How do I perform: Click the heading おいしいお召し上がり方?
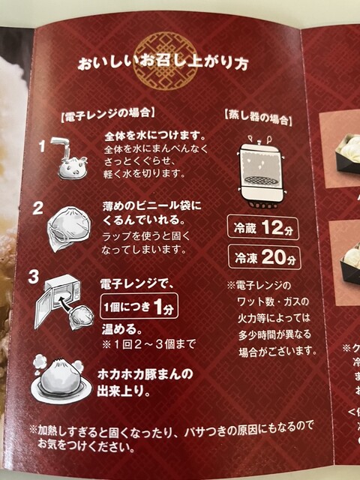[x=163, y=64]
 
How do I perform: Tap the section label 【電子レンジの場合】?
[x=108, y=115]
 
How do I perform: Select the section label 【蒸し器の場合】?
[x=258, y=118]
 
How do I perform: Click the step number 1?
[x=43, y=146]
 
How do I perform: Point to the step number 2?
[x=38, y=208]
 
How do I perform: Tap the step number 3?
[x=34, y=277]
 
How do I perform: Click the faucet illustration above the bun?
[x=61, y=146]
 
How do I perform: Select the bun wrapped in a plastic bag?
[x=69, y=228]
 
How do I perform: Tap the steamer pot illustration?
[x=262, y=172]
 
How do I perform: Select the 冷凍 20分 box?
[x=265, y=257]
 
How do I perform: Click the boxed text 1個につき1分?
[x=139, y=307]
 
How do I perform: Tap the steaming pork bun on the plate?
[x=61, y=379]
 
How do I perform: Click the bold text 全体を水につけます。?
[x=155, y=136]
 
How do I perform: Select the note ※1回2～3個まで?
[x=148, y=344]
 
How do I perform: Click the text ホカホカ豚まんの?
[x=145, y=375]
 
